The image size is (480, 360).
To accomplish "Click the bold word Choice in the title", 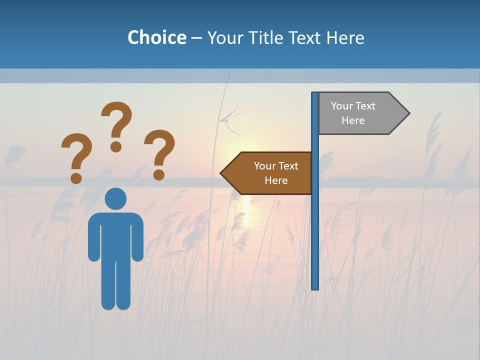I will pos(156,37).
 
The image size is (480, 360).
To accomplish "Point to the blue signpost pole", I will pos(315,225).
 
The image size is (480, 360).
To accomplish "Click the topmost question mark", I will pos(116,120).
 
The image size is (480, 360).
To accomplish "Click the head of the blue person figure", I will pos(115,198).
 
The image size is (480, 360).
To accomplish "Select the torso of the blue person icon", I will pos(115,235).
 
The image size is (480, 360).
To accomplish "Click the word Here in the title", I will pos(345,37).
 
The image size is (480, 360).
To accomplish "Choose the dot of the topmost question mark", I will pos(116,146).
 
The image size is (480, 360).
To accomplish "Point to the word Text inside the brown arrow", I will pos(287,166).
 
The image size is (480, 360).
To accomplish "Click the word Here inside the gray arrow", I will pos(353,120).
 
